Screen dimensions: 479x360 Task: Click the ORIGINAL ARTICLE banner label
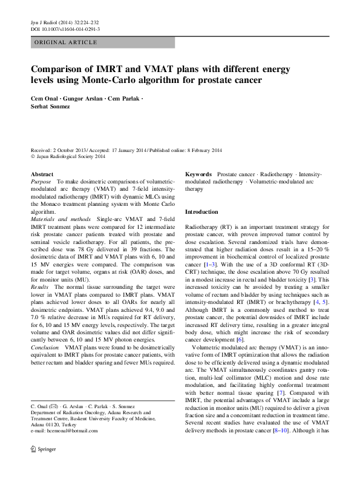point(66,42)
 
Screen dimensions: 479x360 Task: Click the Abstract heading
point(42,174)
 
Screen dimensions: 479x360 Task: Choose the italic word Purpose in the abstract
point(41,182)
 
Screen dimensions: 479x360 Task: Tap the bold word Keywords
point(198,174)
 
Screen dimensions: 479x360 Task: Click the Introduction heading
point(201,213)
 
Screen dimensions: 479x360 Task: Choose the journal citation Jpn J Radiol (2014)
point(57,22)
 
